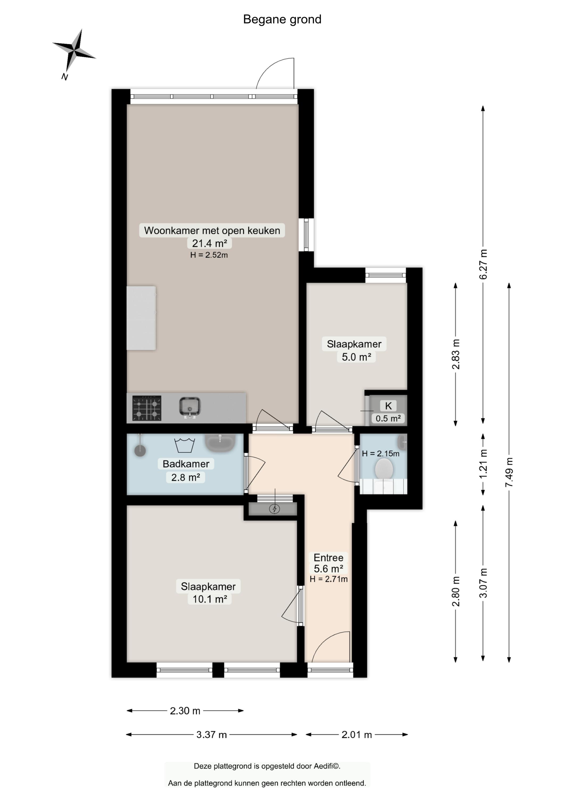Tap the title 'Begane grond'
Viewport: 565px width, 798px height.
click(282, 19)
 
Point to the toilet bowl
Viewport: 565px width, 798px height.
click(384, 469)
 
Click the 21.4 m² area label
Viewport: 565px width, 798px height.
click(209, 243)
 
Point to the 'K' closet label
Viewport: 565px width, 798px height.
click(388, 405)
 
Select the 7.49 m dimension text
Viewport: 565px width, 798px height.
click(509, 472)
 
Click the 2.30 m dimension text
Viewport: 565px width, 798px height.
click(185, 711)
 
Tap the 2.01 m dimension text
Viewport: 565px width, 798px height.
click(357, 735)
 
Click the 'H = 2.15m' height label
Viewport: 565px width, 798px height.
click(381, 454)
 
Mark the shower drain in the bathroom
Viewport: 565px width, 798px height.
click(140, 451)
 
